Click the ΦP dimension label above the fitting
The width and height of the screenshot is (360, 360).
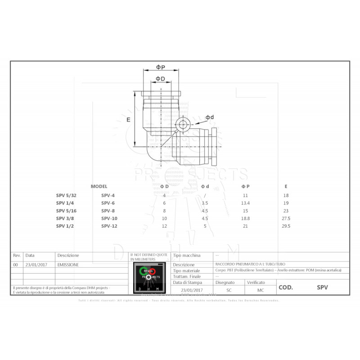(161, 67)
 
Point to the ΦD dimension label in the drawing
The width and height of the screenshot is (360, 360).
(160, 79)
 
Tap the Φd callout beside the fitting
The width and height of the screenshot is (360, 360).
(210, 117)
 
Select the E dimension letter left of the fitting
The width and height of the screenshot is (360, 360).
(128, 120)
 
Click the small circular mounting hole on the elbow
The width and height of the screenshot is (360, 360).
(183, 125)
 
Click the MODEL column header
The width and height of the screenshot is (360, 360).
(99, 186)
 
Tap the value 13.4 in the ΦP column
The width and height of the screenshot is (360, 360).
(245, 203)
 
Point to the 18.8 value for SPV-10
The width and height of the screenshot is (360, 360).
(245, 218)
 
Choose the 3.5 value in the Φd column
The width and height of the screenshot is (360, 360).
(205, 203)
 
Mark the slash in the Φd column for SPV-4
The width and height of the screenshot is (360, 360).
(205, 195)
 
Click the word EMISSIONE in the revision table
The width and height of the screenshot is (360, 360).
(68, 265)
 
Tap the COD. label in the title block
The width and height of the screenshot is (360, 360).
(286, 287)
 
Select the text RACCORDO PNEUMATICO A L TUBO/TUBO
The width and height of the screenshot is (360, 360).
(248, 264)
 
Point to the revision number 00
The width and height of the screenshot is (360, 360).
(16, 265)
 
